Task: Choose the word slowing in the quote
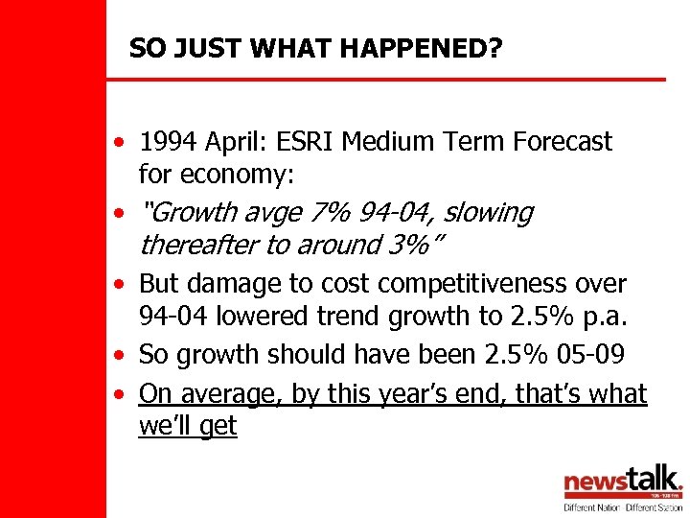click(488, 212)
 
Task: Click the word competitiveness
click(458, 284)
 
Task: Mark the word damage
click(230, 284)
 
